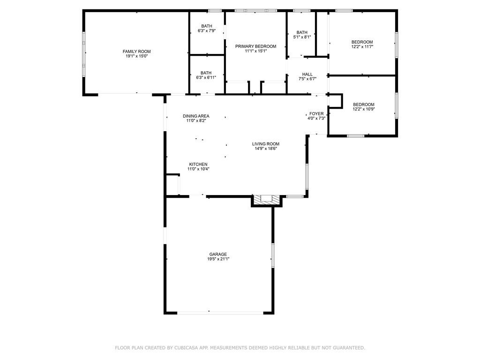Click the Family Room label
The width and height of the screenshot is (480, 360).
(x=137, y=52)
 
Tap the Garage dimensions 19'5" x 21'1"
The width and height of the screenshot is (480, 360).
(x=218, y=259)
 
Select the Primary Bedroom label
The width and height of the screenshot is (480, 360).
(x=255, y=46)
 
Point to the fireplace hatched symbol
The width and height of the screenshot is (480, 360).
(x=267, y=200)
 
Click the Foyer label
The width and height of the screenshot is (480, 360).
(x=316, y=113)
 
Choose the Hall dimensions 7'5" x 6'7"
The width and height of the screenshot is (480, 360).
(x=307, y=79)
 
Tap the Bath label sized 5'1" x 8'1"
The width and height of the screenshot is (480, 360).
(x=302, y=32)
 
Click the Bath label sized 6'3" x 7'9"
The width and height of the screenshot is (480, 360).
(x=207, y=26)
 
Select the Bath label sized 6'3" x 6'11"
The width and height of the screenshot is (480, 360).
(x=206, y=73)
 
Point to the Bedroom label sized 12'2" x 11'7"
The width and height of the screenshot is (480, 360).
(x=362, y=42)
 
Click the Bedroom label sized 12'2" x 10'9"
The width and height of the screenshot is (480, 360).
(x=363, y=104)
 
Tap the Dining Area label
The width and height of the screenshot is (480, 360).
(x=196, y=116)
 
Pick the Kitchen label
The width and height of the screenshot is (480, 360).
(x=198, y=164)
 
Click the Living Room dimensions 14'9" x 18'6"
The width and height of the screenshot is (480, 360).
(x=266, y=149)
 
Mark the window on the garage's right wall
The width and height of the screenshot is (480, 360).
(x=272, y=255)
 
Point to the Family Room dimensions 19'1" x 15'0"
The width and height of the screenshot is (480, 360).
(x=137, y=56)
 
